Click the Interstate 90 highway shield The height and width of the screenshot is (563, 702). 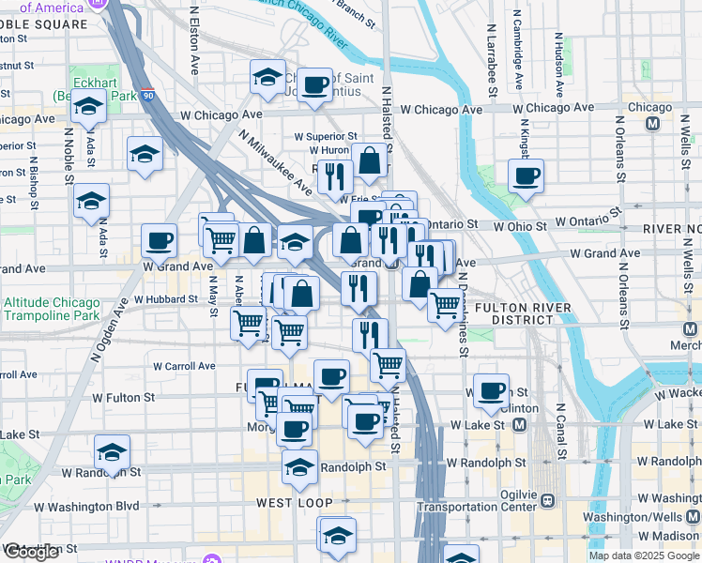tap(149, 95)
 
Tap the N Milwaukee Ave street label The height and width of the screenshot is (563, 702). tap(276, 162)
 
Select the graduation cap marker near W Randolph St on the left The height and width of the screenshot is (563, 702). tap(112, 453)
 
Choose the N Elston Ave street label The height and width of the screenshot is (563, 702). tap(195, 42)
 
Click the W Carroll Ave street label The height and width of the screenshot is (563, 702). tap(185, 366)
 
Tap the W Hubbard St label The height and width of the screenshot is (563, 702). tap(165, 299)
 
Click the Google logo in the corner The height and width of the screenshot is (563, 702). tap(31, 553)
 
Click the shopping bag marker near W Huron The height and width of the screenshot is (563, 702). tap(371, 161)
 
